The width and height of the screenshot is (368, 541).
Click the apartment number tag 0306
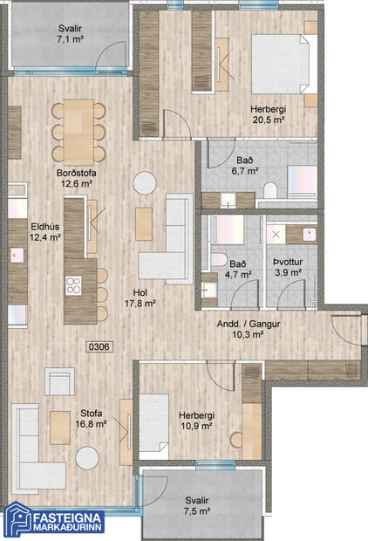click(x=100, y=346)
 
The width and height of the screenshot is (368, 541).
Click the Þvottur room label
click(x=287, y=260)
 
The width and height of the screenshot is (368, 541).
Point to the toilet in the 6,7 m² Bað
click(x=269, y=189)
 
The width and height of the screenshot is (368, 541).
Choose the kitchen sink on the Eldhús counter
click(x=16, y=255)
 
